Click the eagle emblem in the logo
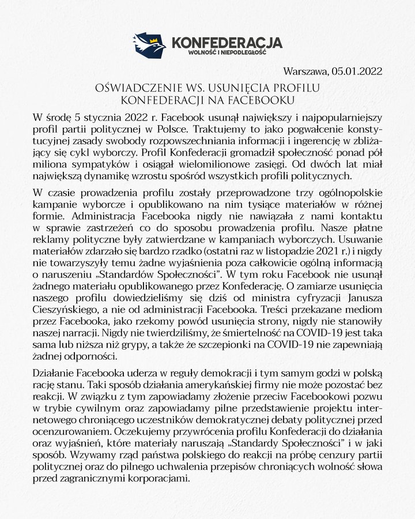tap(149, 44)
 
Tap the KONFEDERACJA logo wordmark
tap(227, 42)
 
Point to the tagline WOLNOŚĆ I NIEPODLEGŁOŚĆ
tap(218, 54)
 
